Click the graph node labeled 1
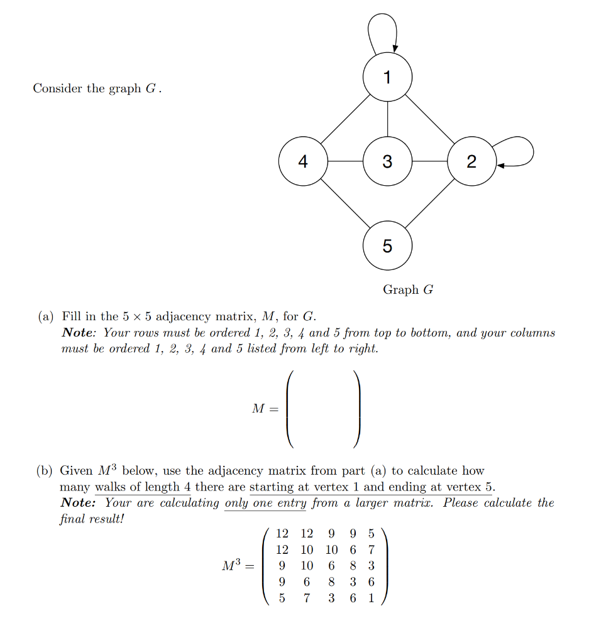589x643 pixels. [387, 77]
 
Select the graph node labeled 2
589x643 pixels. [471, 161]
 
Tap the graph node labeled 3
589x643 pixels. [387, 161]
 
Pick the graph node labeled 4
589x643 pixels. [303, 161]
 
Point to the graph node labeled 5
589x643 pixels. [387, 246]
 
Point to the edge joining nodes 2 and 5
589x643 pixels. [429, 203]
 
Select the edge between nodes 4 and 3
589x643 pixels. [345, 161]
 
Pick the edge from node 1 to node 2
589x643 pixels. [429, 119]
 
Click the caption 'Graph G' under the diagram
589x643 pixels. [408, 289]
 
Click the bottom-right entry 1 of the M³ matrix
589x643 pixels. [371, 598]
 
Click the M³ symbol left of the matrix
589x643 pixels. [231, 566]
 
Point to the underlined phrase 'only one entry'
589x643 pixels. [265, 503]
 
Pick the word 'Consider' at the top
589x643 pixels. [57, 89]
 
